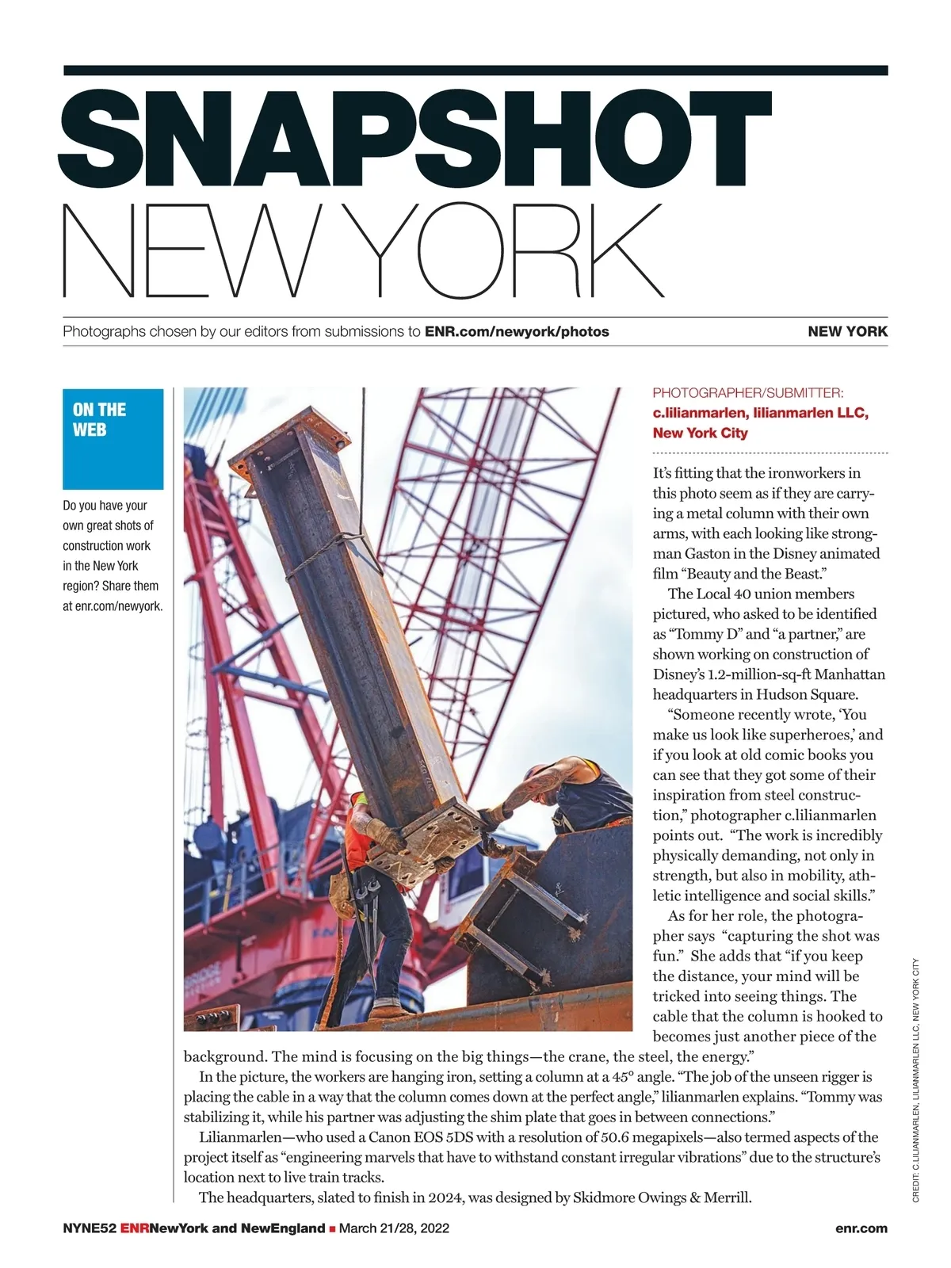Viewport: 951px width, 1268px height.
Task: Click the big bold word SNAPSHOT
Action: tap(416, 136)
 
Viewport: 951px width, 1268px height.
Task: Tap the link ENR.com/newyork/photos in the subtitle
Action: tap(517, 331)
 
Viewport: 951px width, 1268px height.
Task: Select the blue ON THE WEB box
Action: tap(113, 438)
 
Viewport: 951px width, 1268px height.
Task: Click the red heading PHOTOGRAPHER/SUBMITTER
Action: tap(748, 392)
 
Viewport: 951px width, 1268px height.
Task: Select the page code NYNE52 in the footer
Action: tap(90, 1228)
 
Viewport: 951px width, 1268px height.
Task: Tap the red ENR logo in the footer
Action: tap(135, 1228)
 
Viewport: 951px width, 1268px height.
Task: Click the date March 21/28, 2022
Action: tap(394, 1228)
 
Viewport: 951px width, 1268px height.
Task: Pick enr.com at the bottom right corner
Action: tap(861, 1228)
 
